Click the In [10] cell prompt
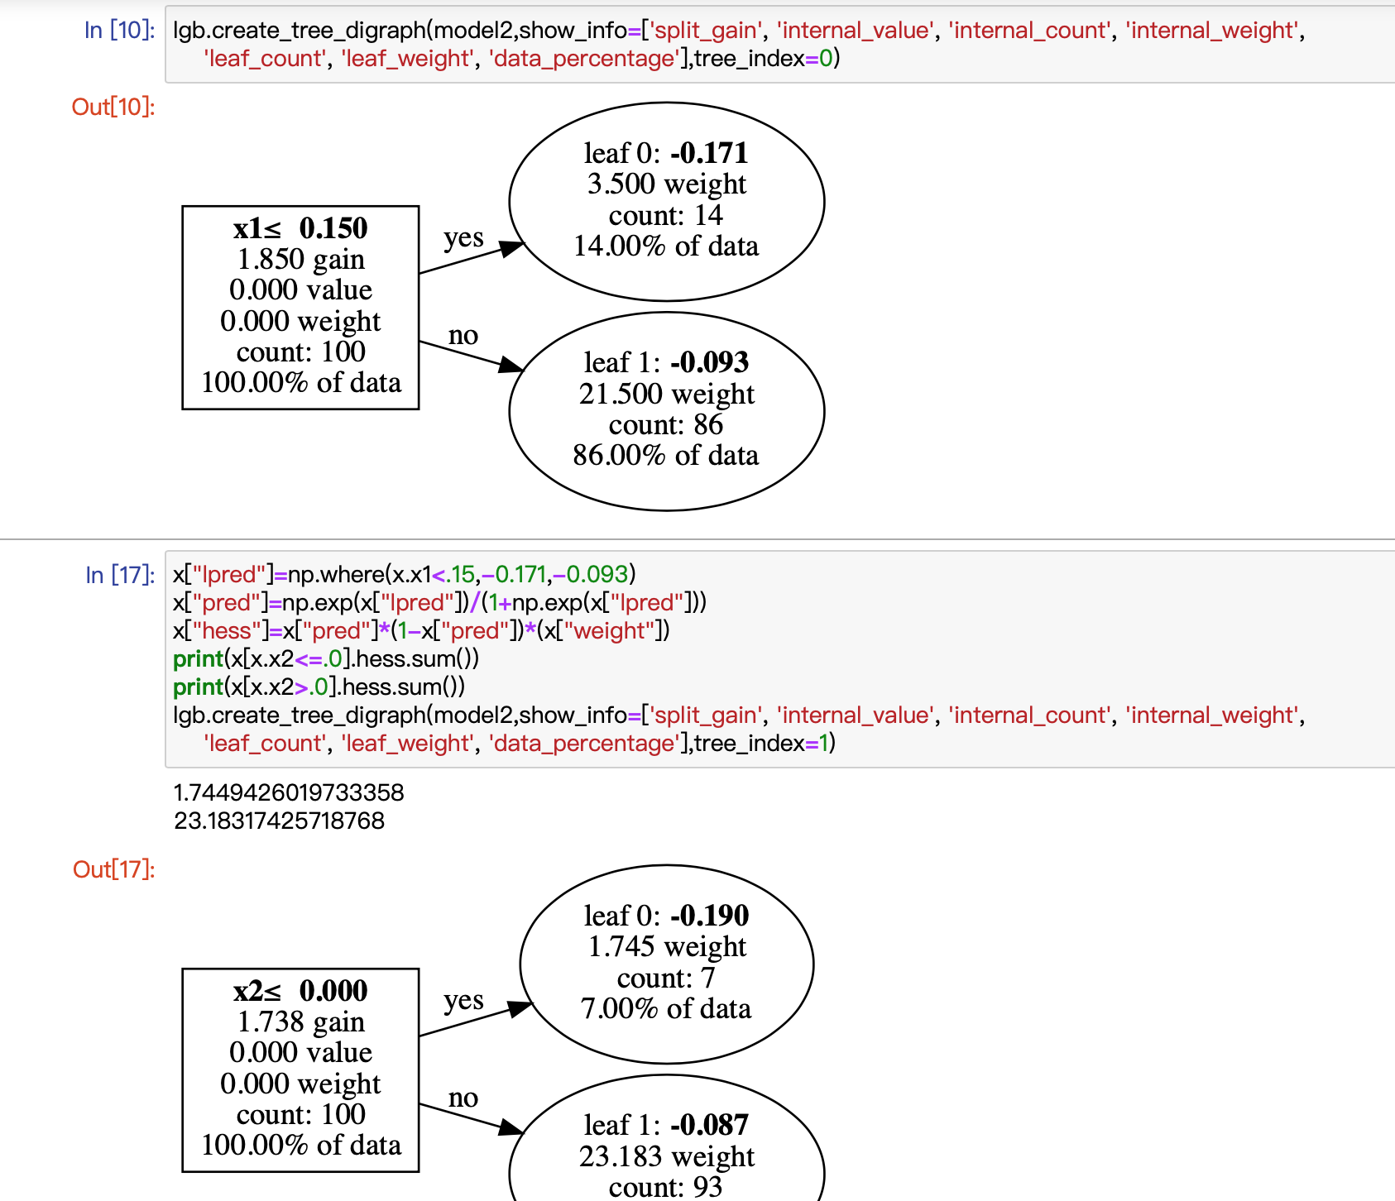[x=119, y=31]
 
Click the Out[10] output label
[x=113, y=108]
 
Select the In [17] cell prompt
[x=120, y=575]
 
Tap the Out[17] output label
[x=113, y=870]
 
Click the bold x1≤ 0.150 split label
[x=300, y=228]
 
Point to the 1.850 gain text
[x=300, y=260]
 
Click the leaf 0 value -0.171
[x=709, y=153]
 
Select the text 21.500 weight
[x=666, y=394]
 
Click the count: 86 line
[x=666, y=424]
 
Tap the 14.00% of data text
[x=666, y=246]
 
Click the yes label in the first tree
[x=463, y=237]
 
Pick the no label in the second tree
[x=463, y=1098]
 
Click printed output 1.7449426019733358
[x=288, y=792]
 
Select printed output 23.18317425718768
[x=279, y=821]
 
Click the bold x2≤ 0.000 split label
[x=300, y=991]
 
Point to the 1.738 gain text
[x=300, y=1022]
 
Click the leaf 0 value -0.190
[x=709, y=916]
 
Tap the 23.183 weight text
[x=666, y=1156]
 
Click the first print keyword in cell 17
[x=198, y=659]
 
